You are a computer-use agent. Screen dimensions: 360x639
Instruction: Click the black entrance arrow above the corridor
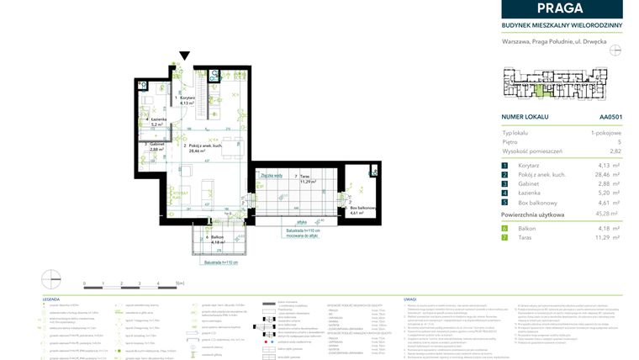(185, 56)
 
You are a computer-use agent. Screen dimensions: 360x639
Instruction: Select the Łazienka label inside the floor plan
(158, 121)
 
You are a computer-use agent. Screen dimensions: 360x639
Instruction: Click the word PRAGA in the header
(562, 9)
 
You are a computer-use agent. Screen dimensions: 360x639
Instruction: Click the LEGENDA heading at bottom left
(51, 299)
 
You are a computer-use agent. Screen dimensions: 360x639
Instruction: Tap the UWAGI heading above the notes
(410, 299)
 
